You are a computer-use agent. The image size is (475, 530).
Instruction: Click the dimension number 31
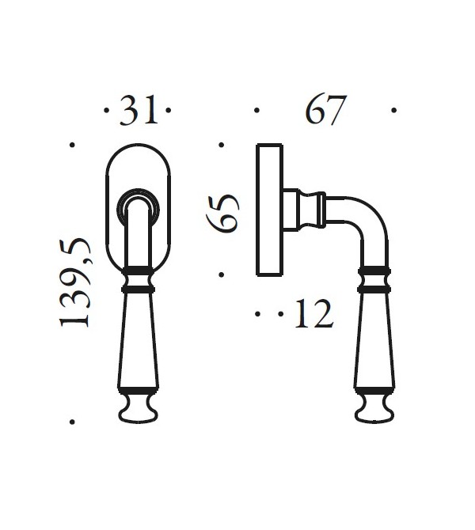click(x=138, y=112)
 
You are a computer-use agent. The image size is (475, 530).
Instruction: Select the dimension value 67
click(x=326, y=112)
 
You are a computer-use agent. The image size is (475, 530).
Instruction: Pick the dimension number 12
click(x=312, y=314)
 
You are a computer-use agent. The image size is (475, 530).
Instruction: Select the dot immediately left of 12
click(x=280, y=314)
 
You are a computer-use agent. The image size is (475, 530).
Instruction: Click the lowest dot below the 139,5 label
click(x=72, y=422)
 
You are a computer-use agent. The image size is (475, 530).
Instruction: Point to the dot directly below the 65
click(x=222, y=275)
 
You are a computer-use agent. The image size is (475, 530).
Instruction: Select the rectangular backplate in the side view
click(x=269, y=210)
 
